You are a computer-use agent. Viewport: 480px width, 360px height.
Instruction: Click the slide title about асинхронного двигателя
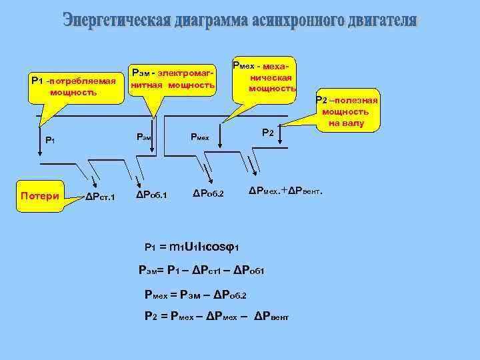[240, 21]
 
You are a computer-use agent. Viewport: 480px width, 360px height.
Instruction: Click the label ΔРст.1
[101, 197]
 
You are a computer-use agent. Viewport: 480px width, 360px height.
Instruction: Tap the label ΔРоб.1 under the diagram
[151, 195]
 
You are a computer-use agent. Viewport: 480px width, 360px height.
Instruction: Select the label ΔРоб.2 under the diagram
[209, 195]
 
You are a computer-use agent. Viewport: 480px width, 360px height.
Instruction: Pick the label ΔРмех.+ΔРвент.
[286, 191]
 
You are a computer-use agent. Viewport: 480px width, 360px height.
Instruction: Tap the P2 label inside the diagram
[267, 133]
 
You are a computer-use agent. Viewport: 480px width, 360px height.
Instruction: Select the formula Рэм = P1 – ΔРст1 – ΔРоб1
[202, 270]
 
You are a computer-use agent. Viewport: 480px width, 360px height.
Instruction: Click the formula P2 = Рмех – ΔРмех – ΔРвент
[217, 317]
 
